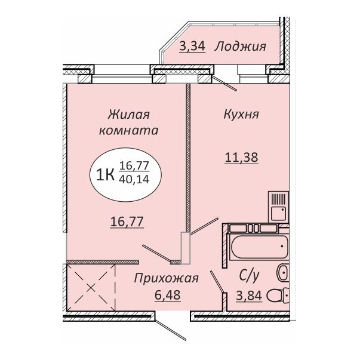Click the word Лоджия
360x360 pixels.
pos(241,47)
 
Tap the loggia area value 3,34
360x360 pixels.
pos(192,47)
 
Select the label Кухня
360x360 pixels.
pos(241,115)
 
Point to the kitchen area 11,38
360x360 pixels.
pos(242,158)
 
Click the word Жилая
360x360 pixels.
pos(129,115)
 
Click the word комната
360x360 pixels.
pos(128,131)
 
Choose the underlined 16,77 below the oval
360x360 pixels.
pos(127,221)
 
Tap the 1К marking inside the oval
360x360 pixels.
pos(106,175)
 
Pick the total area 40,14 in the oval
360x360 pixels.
pos(134,179)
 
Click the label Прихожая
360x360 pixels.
pos(166,278)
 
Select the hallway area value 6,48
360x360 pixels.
pos(168,295)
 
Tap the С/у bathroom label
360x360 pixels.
pos(249,276)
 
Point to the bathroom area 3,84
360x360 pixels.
pos(249,296)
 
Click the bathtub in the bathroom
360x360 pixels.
pos(260,247)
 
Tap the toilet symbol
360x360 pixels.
pos(278,296)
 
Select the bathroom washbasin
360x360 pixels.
pos(283,272)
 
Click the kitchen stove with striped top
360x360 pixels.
pos(278,207)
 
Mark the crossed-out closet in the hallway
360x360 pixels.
pos(91,287)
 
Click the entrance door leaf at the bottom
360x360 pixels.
pos(170,328)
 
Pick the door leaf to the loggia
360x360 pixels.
pos(224,84)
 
